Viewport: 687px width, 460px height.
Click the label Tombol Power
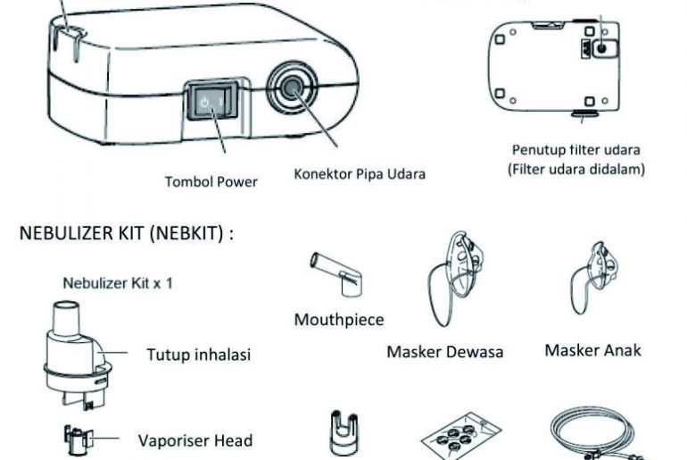[x=211, y=181]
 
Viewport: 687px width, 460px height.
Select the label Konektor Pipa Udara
[x=359, y=173]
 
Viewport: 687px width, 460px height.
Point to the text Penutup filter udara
[x=576, y=149]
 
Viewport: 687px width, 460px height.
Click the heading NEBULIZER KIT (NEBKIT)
[x=125, y=234]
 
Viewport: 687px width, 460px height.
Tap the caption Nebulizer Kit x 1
[x=117, y=283]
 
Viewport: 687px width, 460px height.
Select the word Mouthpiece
[x=338, y=320]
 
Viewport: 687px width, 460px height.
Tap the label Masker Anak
[x=593, y=350]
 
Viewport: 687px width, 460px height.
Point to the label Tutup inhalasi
[x=198, y=355]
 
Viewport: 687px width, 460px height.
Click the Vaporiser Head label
[x=195, y=440]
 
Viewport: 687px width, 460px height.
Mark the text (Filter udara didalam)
[x=576, y=167]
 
